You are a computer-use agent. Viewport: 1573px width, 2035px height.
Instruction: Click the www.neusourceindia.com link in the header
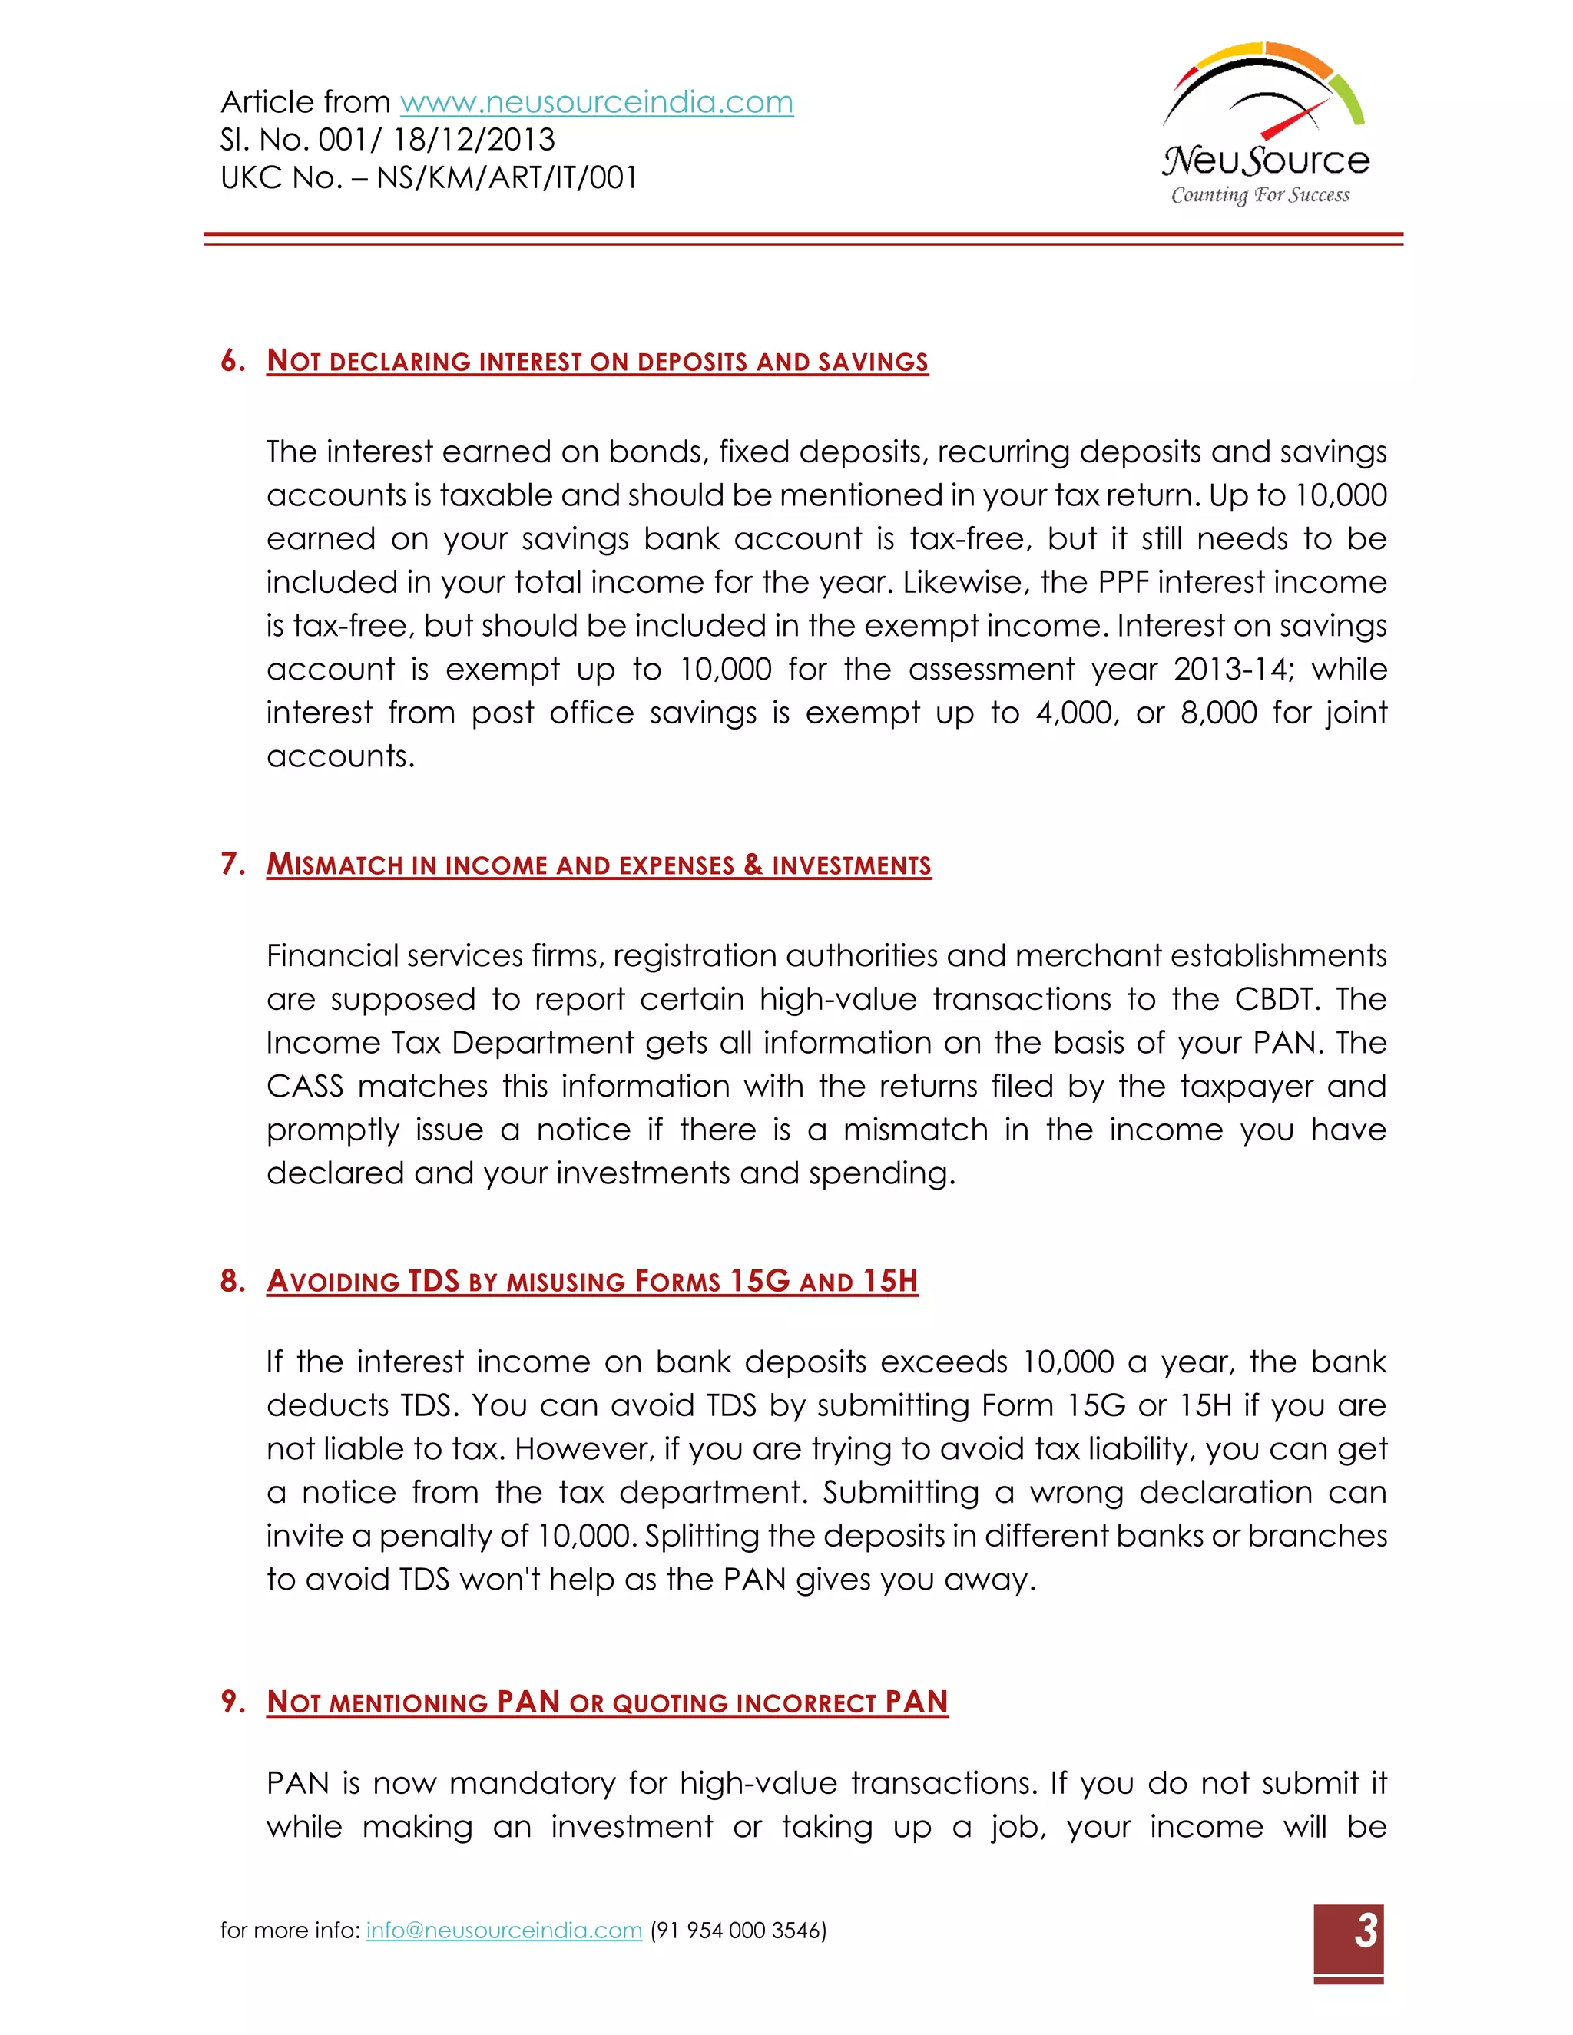(596, 101)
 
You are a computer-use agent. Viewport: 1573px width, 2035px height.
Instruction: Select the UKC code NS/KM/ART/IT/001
(507, 178)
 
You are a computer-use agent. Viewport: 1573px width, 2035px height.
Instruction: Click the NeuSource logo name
(1266, 160)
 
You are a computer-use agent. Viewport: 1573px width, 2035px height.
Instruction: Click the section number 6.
(231, 361)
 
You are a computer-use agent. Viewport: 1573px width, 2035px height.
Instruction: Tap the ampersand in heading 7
(753, 865)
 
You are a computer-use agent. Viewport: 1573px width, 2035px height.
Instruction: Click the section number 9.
(231, 1702)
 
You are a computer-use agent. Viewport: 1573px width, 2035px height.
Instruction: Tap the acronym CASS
(305, 1087)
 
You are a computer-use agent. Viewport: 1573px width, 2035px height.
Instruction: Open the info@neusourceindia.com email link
(504, 1930)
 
